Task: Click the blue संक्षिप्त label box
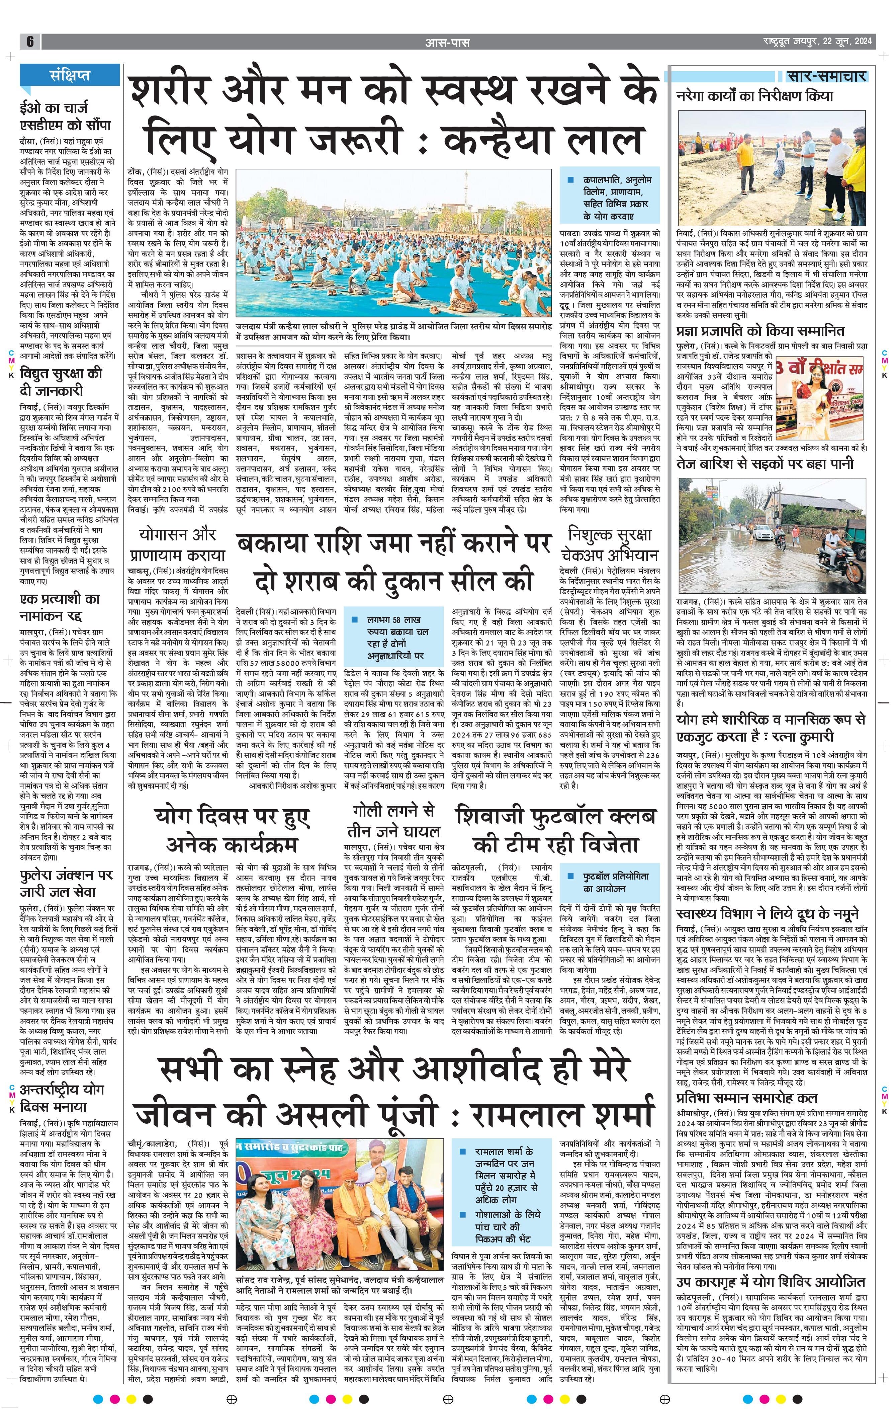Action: [70, 75]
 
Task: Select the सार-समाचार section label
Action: [826, 76]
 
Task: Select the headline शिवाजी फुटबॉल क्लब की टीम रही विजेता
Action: [556, 832]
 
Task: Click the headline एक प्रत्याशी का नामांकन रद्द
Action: [60, 607]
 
